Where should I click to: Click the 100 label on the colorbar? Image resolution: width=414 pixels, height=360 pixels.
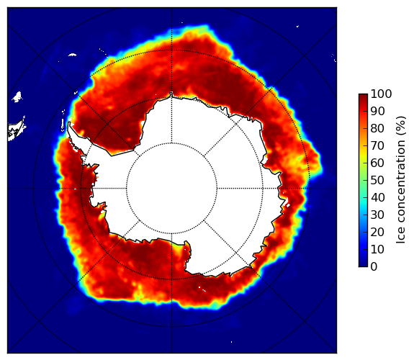[381, 94]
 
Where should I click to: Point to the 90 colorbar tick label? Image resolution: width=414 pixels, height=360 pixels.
[377, 112]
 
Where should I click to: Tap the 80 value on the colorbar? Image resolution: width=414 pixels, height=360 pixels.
[377, 129]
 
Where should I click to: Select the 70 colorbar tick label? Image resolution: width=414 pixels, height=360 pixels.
[377, 145]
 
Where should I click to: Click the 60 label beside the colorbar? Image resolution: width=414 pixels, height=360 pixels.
[377, 163]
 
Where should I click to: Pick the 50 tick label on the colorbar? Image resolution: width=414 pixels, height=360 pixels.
[377, 181]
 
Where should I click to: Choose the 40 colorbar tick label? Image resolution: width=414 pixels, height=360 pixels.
[377, 197]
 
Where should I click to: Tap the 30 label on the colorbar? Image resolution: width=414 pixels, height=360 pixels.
[377, 215]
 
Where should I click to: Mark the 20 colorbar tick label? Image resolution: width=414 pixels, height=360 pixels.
[377, 232]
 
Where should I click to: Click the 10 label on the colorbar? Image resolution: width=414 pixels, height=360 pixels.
[377, 249]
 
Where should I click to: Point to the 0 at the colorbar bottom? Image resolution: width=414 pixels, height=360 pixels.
[374, 267]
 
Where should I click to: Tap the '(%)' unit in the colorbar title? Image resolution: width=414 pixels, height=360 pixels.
[401, 126]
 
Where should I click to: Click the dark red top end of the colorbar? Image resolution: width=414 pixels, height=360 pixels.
[363, 95]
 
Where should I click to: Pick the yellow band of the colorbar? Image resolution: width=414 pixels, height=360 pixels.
[363, 155]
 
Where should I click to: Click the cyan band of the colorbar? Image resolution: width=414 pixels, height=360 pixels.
[363, 201]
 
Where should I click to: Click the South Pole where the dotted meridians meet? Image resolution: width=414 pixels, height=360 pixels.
[171, 188]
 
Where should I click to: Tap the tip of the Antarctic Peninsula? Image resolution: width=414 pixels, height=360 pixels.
[69, 122]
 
